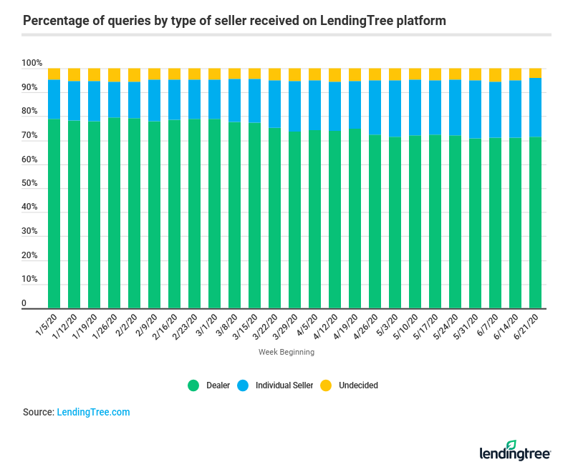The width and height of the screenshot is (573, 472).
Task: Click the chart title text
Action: click(x=234, y=20)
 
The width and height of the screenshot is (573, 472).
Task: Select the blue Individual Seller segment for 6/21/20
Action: click(x=535, y=107)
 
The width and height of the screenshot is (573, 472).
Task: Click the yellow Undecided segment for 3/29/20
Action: click(x=294, y=74)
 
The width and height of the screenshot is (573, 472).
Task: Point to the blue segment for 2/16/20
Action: click(x=174, y=99)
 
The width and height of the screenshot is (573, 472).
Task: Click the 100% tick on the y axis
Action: click(x=32, y=64)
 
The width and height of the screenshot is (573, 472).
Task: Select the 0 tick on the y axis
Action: click(x=24, y=304)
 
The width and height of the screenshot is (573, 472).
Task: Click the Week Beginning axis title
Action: click(x=286, y=352)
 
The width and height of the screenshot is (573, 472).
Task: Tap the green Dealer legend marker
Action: click(x=193, y=385)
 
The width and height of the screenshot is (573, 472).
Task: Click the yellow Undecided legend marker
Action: click(x=324, y=385)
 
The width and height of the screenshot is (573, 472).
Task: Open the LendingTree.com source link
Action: click(x=93, y=413)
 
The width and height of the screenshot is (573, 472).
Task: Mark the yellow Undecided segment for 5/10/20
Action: click(x=415, y=74)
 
